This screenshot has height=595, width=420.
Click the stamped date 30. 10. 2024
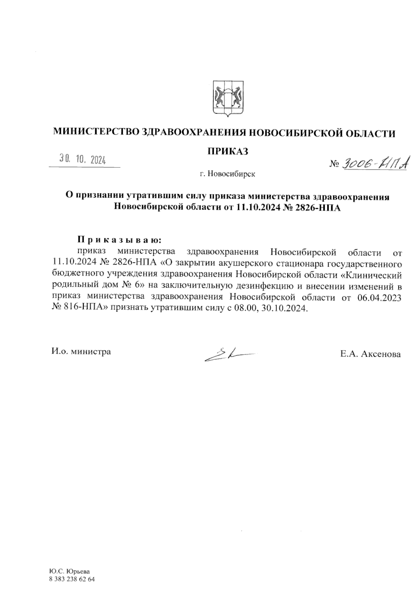click(x=83, y=160)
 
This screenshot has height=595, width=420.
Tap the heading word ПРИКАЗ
click(x=228, y=151)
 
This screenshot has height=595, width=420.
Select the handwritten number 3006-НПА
click(x=374, y=163)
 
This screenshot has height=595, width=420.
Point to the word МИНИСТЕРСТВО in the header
click(x=95, y=133)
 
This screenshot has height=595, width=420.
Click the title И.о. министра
click(x=81, y=351)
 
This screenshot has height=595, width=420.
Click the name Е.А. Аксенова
click(x=370, y=354)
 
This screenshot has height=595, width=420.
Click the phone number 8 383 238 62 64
click(x=72, y=579)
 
